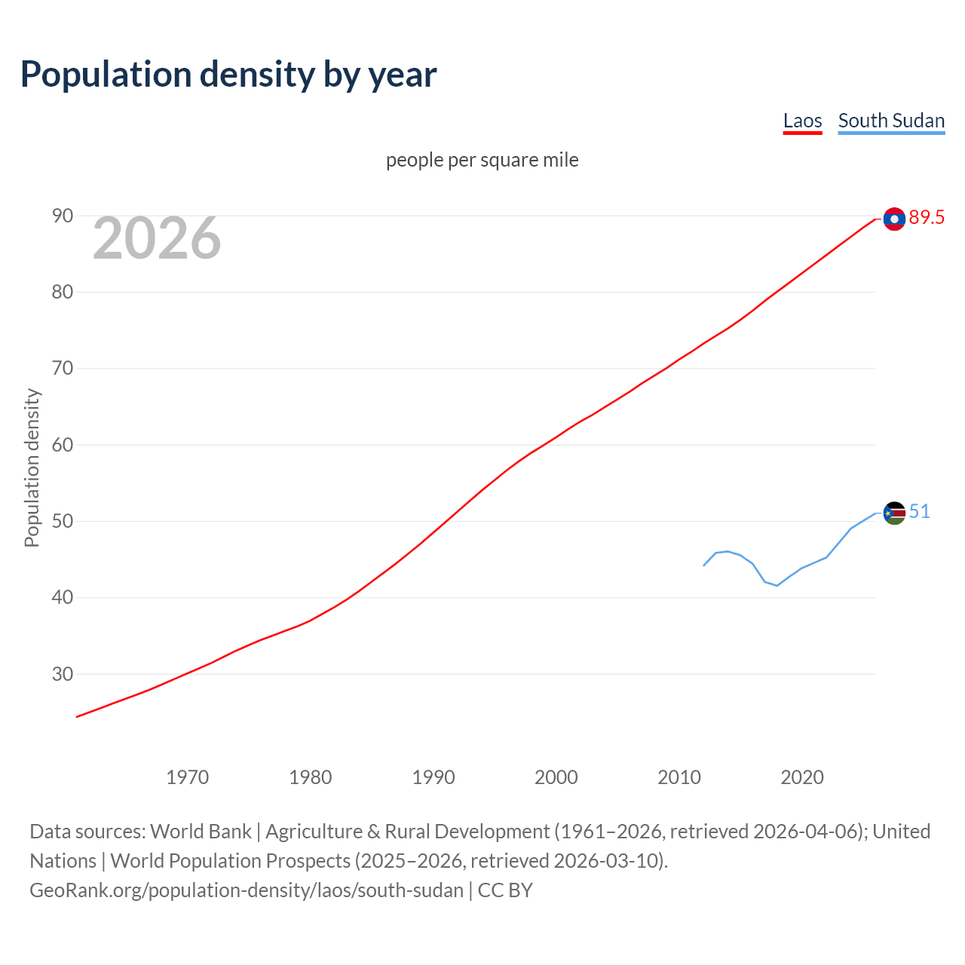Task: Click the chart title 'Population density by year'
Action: [228, 75]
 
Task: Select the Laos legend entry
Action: [802, 121]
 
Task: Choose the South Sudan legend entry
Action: [891, 121]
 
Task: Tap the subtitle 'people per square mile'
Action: [482, 160]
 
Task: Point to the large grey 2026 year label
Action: [157, 238]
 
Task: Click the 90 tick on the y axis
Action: [63, 216]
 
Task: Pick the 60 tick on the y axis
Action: [63, 445]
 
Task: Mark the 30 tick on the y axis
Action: [63, 674]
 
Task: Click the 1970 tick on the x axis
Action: [187, 777]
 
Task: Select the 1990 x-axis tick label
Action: [433, 777]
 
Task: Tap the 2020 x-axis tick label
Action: [801, 777]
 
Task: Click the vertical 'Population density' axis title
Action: [32, 467]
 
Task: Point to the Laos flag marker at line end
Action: [894, 219]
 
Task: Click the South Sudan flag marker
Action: [894, 513]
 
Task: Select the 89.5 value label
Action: [927, 218]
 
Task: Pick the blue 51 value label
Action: [919, 512]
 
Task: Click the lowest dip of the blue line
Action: [777, 586]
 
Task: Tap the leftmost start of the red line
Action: [78, 716]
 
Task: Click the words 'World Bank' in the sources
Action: [201, 832]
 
